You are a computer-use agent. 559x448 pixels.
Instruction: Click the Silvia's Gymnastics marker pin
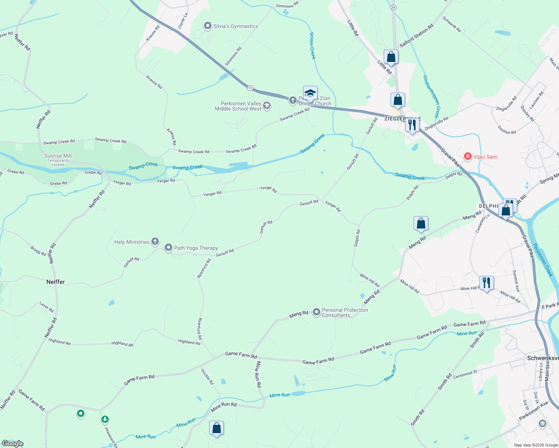pos(207,26)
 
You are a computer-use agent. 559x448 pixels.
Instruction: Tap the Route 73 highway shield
pos(250,88)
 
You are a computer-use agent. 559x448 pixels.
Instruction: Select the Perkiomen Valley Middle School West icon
pos(267,106)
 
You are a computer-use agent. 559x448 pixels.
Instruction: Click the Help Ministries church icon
pos(155,242)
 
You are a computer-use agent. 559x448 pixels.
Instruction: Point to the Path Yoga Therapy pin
pos(169,248)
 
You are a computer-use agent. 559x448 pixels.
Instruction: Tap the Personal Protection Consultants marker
pos(316,312)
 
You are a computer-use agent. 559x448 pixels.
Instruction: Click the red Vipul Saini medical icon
pos(467,156)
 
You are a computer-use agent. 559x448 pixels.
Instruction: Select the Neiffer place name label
pos(56,282)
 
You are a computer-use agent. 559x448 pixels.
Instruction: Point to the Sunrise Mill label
pos(58,156)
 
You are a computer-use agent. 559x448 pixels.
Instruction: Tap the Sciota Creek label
pos(312,46)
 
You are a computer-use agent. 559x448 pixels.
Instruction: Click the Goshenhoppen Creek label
pos(431,96)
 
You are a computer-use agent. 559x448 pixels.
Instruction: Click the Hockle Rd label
pos(207,377)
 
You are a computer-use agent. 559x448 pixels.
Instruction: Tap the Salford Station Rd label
pos(416,36)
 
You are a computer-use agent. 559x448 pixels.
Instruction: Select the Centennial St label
pos(465,374)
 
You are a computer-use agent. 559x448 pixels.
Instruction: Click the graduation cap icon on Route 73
pos(310,93)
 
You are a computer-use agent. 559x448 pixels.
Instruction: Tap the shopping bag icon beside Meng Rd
pos(421,224)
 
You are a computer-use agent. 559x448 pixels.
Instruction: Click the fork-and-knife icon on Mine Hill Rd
pos(487,283)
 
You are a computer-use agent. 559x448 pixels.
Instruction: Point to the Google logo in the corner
pos(12,444)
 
